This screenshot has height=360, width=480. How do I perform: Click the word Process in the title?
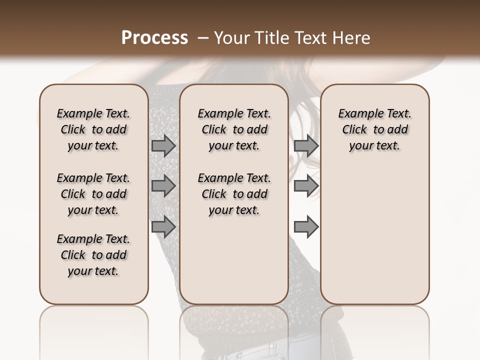point(154,38)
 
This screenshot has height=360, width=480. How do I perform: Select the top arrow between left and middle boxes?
point(163,146)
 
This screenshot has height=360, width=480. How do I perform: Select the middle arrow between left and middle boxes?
point(163,186)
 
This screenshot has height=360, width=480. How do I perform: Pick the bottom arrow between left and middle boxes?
point(163,226)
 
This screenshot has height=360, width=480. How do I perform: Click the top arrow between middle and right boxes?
point(306,146)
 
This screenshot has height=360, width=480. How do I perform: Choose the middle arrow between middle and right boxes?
point(306,186)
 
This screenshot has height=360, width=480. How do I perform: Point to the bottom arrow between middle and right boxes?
point(306,226)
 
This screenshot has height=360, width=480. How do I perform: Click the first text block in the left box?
point(93,130)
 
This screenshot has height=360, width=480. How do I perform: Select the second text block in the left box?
point(93,194)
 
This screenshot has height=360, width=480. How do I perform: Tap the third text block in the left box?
point(93,255)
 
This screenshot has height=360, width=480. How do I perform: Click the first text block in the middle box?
point(234,130)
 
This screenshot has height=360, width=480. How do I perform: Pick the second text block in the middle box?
point(234,194)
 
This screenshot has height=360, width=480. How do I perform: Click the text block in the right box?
point(375,130)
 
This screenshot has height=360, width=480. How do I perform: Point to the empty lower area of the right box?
point(375,230)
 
